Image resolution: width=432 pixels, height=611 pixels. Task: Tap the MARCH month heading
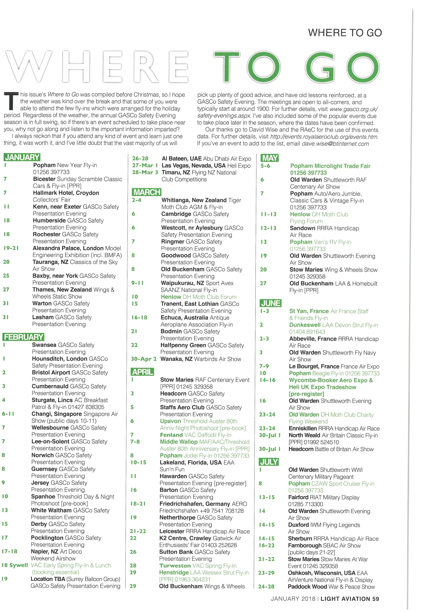click(147, 192)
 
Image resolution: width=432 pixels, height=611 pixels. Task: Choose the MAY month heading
click(270, 158)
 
